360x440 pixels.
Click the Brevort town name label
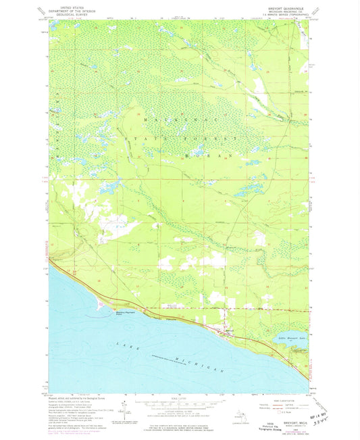pos(229,330)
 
